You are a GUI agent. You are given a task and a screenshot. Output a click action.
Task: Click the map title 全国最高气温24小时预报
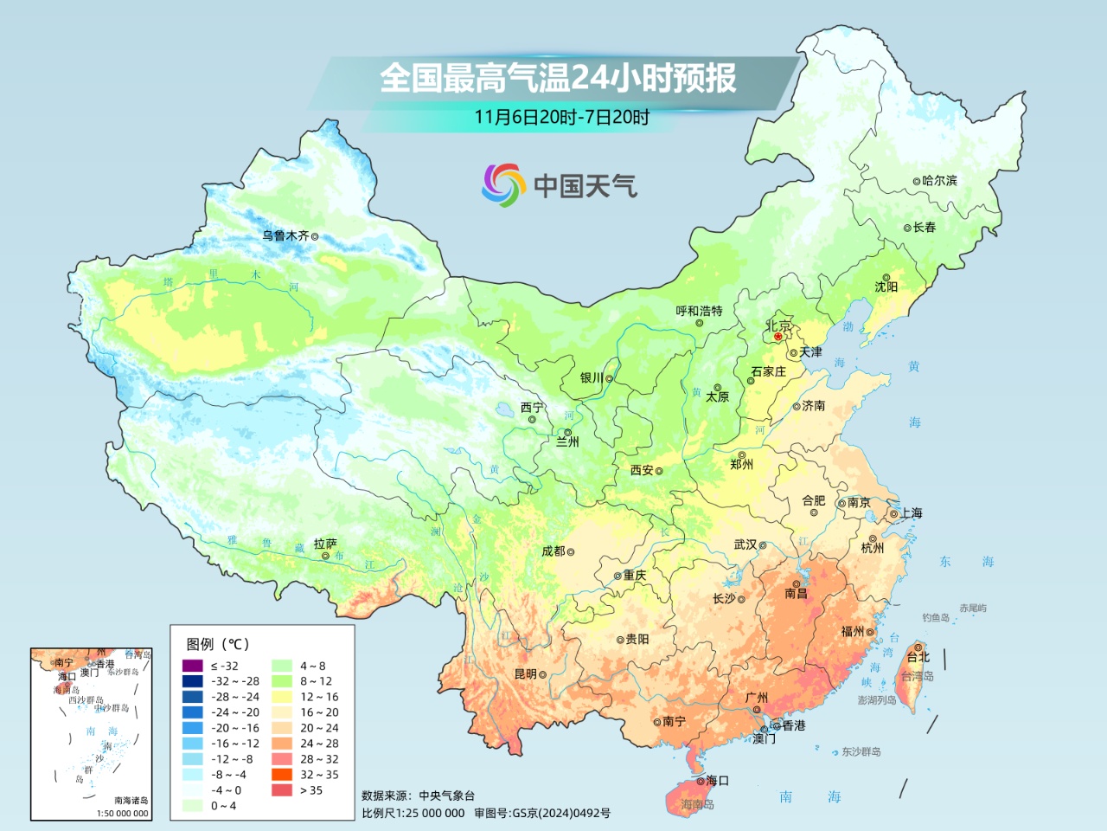point(558,78)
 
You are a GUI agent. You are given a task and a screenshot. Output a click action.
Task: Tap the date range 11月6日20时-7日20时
point(561,117)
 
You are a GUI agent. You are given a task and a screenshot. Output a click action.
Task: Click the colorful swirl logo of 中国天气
point(503,185)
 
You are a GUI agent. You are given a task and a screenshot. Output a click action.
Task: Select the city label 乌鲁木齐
point(285,235)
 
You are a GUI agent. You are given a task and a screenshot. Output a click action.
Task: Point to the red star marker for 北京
point(778,337)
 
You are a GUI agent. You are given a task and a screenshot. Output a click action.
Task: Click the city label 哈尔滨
point(939,181)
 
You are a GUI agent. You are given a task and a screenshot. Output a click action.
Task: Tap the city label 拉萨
point(325,544)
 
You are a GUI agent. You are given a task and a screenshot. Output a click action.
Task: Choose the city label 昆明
point(526,673)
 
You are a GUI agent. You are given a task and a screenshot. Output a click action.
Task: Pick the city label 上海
point(911,513)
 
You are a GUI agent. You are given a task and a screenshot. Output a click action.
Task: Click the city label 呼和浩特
point(699,311)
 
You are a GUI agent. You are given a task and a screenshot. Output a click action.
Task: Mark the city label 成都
point(553,551)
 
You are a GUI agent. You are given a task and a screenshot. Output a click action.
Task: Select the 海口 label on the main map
point(717,781)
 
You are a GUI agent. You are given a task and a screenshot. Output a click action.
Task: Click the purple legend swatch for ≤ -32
point(193,666)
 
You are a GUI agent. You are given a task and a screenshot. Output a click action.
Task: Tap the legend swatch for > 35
point(282,790)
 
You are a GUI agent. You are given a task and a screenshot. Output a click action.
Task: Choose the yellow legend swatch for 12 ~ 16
point(282,697)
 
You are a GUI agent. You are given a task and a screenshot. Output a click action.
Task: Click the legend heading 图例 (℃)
point(218,644)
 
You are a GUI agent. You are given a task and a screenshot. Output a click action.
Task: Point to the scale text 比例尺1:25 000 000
point(413,814)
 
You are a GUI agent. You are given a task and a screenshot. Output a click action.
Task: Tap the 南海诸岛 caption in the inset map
point(131,801)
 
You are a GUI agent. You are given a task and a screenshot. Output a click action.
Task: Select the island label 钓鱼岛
point(935,617)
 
